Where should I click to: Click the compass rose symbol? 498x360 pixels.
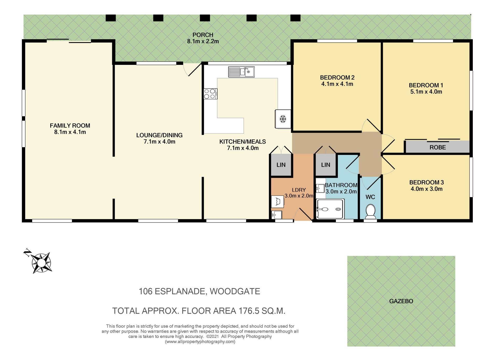41,263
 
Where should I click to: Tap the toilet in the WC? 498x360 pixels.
370,212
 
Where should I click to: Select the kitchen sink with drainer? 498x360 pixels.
241,72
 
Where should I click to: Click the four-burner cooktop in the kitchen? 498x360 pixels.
210,94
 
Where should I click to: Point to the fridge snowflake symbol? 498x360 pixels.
283,119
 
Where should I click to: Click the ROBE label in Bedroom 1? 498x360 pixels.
438,147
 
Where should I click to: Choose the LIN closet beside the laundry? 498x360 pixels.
281,165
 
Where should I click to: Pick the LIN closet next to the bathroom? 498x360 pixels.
326,165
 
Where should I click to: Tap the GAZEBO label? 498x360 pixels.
401,301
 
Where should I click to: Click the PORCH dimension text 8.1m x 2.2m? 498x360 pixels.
203,41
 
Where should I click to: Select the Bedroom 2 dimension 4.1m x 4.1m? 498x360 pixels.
337,84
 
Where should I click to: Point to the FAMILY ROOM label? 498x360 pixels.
70,126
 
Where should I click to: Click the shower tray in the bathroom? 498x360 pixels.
330,209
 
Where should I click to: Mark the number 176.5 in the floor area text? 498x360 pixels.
248,311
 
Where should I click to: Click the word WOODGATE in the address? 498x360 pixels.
235,291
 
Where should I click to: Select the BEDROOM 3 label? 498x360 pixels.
426,182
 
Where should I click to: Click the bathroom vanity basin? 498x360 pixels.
320,188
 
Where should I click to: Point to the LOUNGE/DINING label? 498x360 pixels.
159,135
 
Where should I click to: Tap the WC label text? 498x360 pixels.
370,197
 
